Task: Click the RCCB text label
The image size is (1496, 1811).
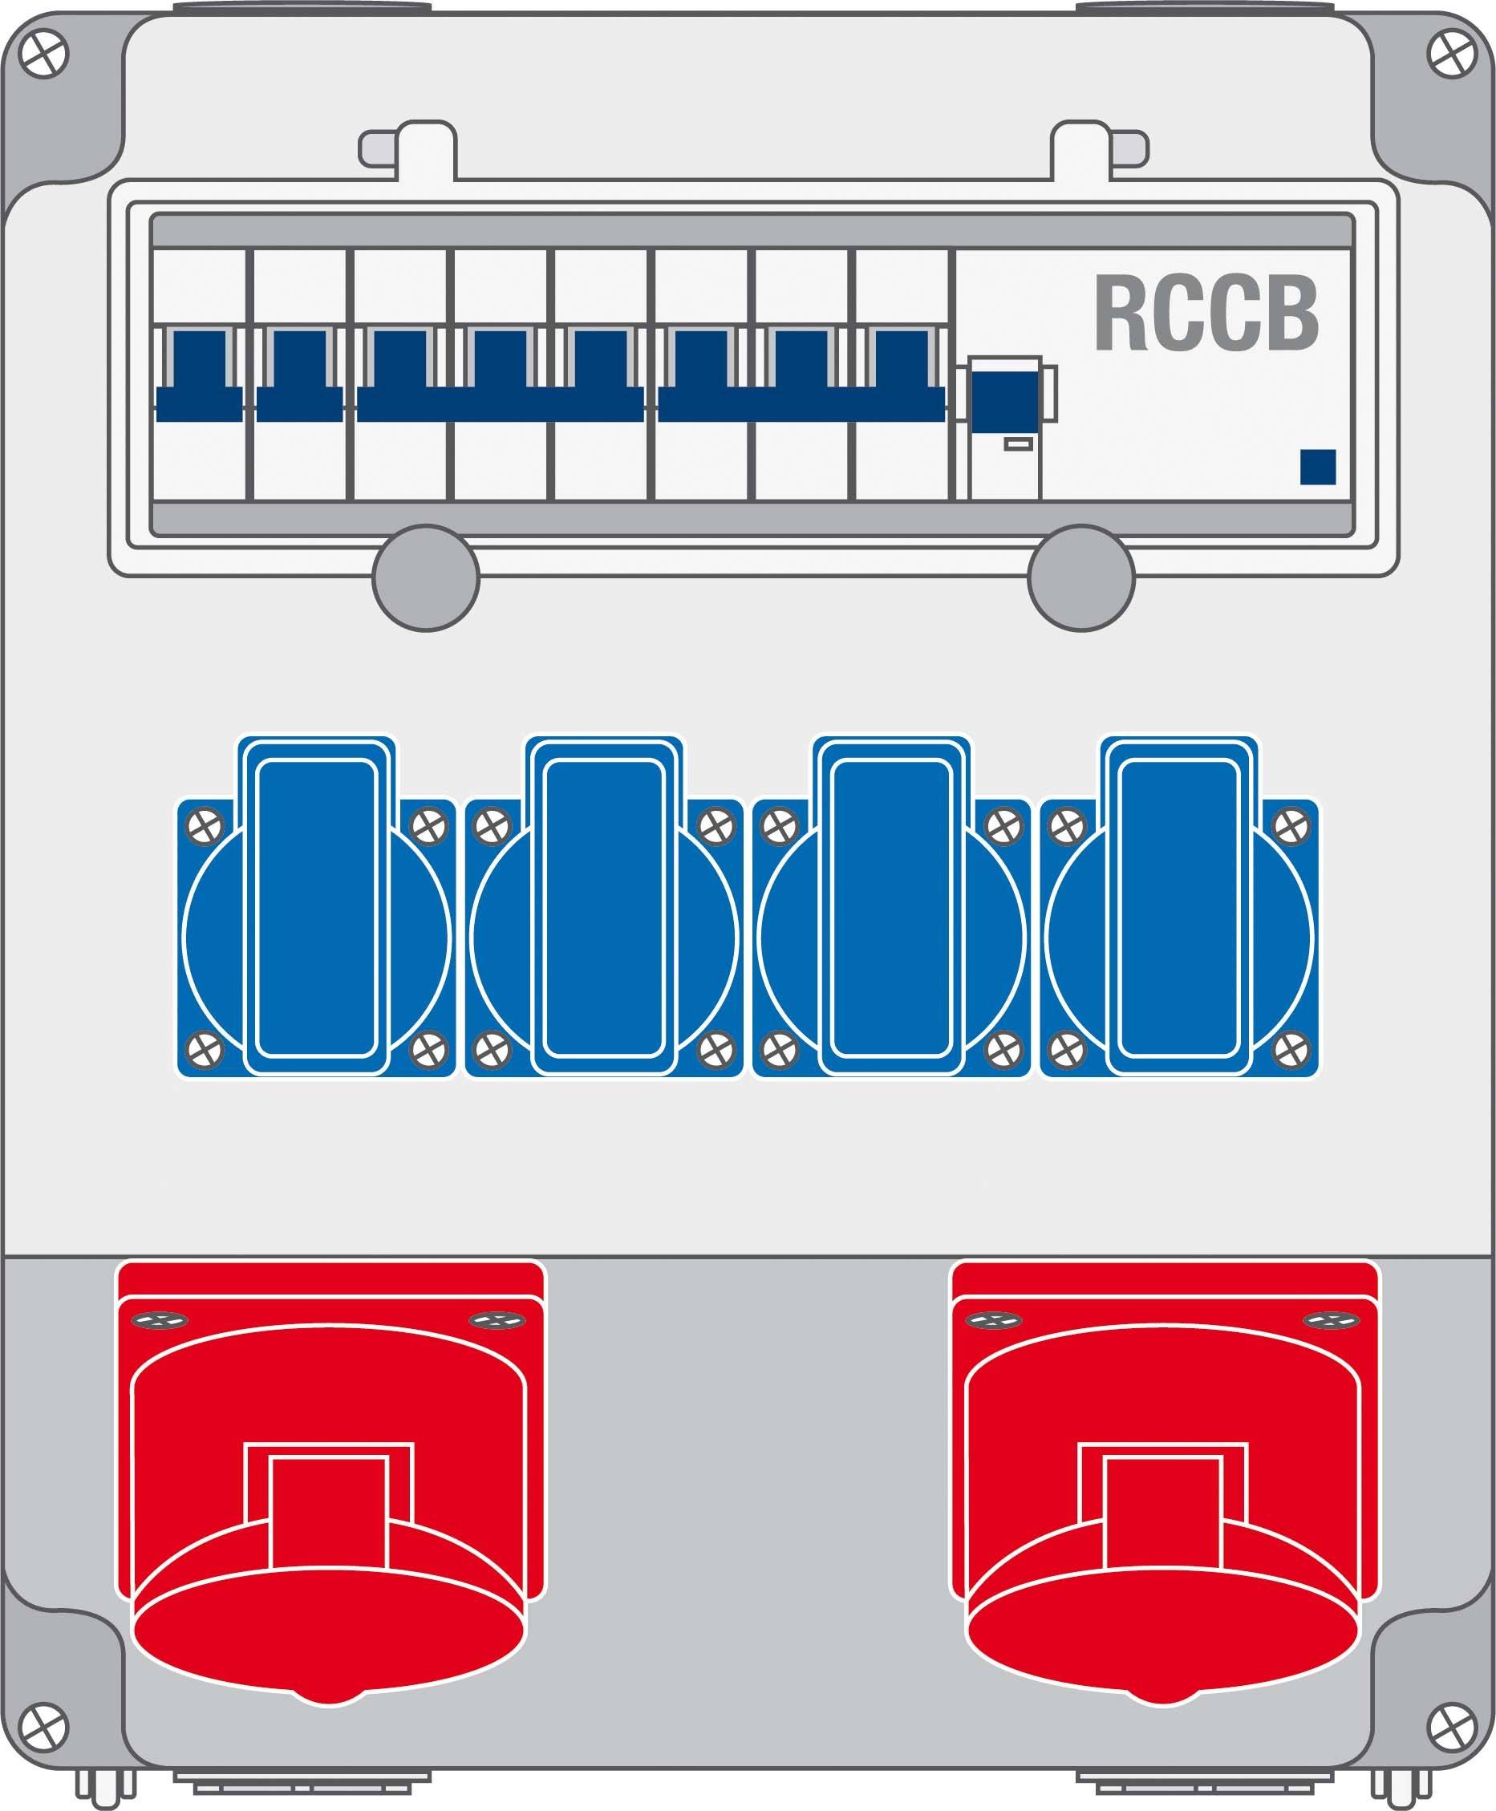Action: pos(1206,314)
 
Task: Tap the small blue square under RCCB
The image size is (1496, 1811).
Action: pos(1318,467)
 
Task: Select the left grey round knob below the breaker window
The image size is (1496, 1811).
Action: pos(426,577)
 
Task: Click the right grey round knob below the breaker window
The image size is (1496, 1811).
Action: pos(1080,577)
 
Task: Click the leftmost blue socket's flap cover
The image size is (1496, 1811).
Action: pos(316,907)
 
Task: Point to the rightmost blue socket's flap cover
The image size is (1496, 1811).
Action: pos(1180,907)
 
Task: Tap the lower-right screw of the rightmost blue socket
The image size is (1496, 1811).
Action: pos(1291,1049)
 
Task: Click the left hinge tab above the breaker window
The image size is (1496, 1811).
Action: pos(407,148)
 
